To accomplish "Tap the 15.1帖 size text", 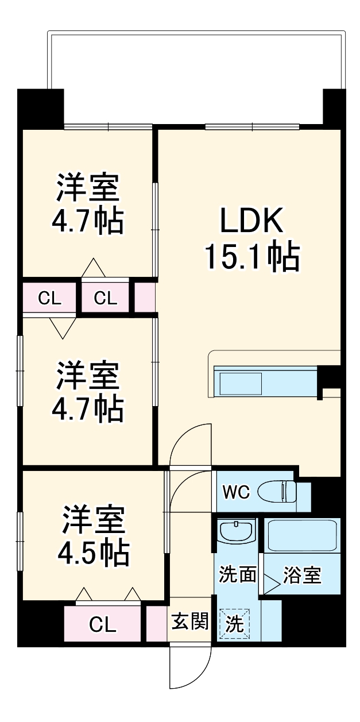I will (x=251, y=257).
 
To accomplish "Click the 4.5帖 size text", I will (x=92, y=551).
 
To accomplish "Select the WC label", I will (x=236, y=493).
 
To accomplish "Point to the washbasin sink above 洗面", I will (x=237, y=531).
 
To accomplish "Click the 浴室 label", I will (x=302, y=575).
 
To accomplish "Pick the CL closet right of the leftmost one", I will (x=104, y=298).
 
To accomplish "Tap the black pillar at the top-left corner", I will (x=40, y=109).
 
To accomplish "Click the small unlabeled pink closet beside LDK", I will (x=145, y=298).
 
